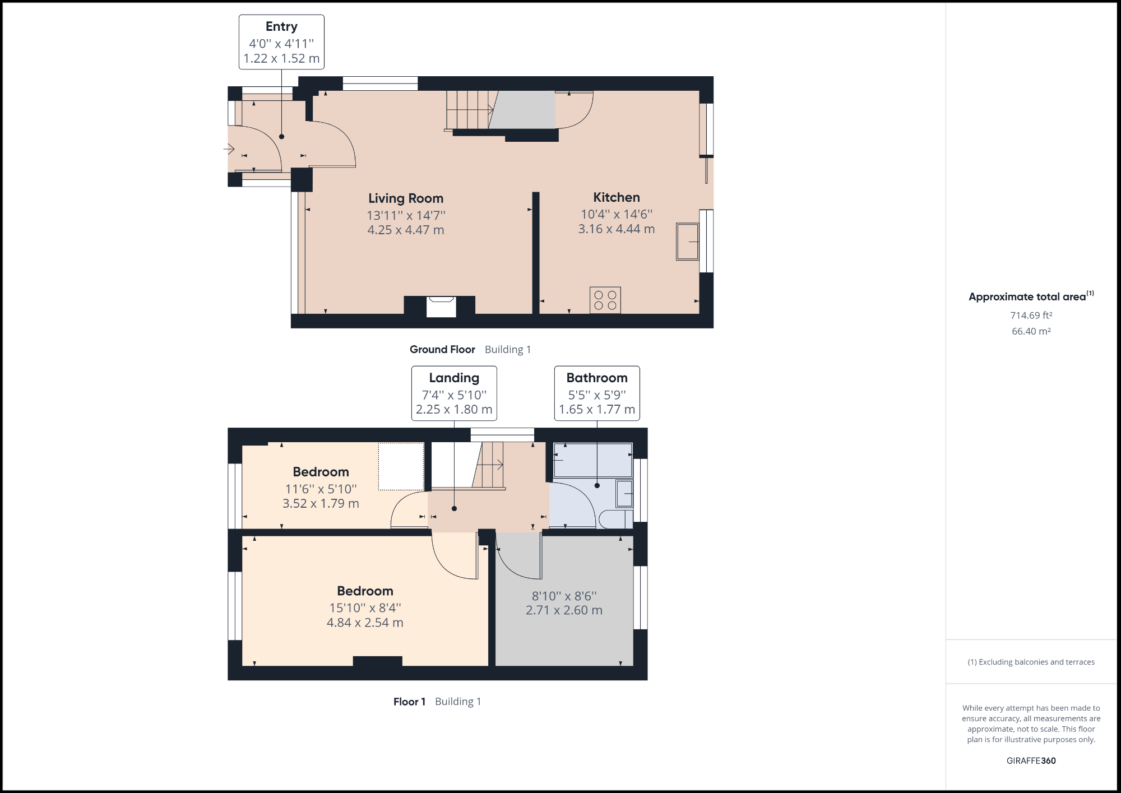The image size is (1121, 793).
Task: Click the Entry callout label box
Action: (281, 42)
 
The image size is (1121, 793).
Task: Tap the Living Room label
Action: (406, 198)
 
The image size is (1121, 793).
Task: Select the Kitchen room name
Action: (617, 197)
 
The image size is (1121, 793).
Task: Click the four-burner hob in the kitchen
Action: (605, 300)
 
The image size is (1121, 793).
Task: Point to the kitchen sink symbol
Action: (688, 242)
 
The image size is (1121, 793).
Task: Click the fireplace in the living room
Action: (441, 307)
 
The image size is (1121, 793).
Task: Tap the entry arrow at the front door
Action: (229, 149)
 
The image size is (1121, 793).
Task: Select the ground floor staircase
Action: (469, 110)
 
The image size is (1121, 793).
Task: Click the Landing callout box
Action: (454, 393)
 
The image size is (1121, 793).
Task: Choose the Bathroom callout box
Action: (597, 393)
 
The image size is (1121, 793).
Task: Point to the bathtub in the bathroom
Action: (592, 460)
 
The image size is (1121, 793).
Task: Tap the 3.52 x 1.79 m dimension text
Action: (321, 503)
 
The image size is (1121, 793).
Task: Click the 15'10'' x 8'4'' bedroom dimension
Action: (365, 607)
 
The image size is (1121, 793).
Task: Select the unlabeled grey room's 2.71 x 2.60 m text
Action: (564, 610)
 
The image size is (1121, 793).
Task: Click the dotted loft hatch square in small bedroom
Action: (401, 466)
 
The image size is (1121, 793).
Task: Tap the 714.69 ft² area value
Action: (1031, 316)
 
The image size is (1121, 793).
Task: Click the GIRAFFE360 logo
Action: (1031, 760)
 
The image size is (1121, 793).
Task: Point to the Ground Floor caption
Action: (442, 350)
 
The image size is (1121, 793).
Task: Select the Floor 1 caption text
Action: (409, 702)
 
